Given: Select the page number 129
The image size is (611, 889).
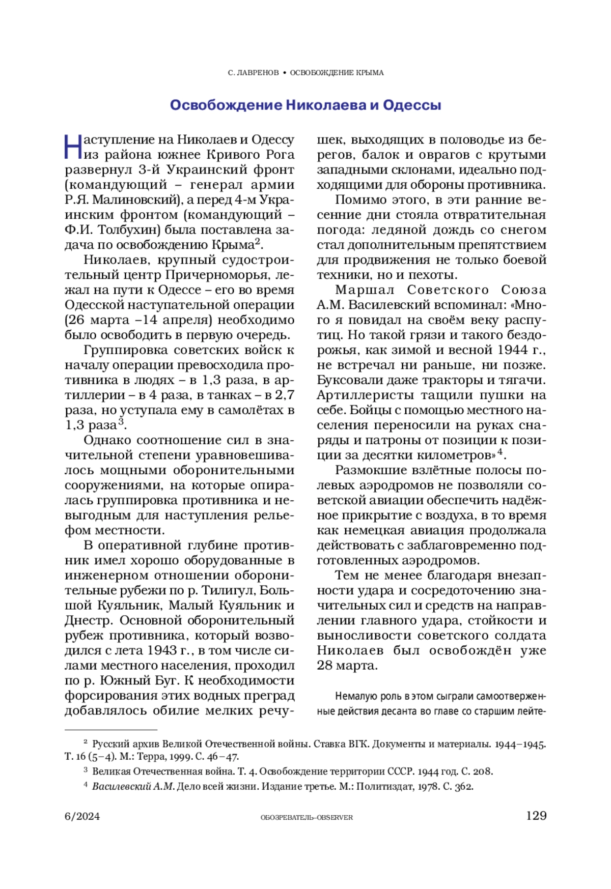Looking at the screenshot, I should point(536,816).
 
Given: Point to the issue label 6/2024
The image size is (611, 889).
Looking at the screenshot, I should point(82,816).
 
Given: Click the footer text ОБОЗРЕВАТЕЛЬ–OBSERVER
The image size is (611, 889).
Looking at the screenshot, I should point(306,817).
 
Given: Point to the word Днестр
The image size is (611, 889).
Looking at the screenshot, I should point(85,620).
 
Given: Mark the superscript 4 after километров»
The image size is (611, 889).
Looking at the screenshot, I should point(500,451).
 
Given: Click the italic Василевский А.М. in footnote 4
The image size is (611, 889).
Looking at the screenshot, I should point(133,786).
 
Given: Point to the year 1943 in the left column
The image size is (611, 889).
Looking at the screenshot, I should point(162,650).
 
